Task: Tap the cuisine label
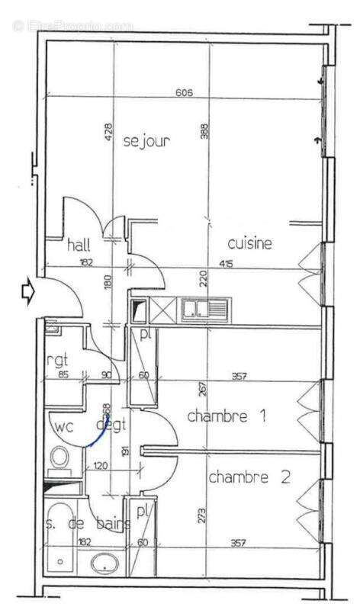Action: (x=250, y=243)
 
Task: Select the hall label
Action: (x=79, y=245)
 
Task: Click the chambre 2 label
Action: (x=249, y=478)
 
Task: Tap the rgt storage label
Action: (x=59, y=359)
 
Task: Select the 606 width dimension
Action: (x=184, y=93)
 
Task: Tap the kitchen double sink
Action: (x=204, y=309)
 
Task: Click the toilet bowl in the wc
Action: (x=59, y=458)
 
